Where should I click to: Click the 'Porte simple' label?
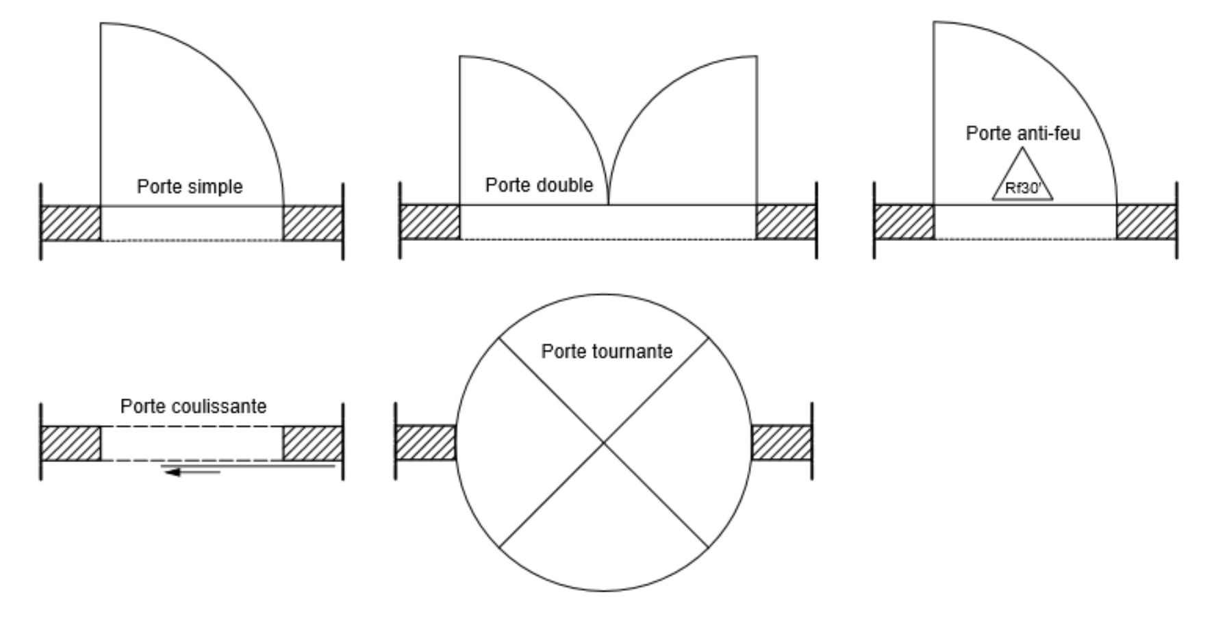click(x=190, y=186)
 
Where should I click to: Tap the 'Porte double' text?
click(x=539, y=185)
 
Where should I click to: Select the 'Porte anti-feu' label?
click(x=1023, y=133)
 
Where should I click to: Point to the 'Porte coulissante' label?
click(x=193, y=406)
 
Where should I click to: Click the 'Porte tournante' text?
click(x=607, y=351)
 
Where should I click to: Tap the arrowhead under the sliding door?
click(x=173, y=472)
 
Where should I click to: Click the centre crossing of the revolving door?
click(x=603, y=443)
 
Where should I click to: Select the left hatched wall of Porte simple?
click(x=71, y=223)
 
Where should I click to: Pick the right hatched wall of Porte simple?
click(x=313, y=223)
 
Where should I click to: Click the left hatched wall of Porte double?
click(x=429, y=222)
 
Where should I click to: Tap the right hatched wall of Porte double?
click(x=786, y=222)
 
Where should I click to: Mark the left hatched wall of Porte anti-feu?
click(x=904, y=222)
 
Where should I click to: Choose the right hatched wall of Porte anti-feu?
click(x=1147, y=222)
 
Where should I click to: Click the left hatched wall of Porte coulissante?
click(x=71, y=444)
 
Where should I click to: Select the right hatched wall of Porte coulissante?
click(x=313, y=444)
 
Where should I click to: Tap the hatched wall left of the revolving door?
click(x=425, y=442)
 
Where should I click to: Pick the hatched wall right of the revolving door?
click(x=782, y=442)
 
